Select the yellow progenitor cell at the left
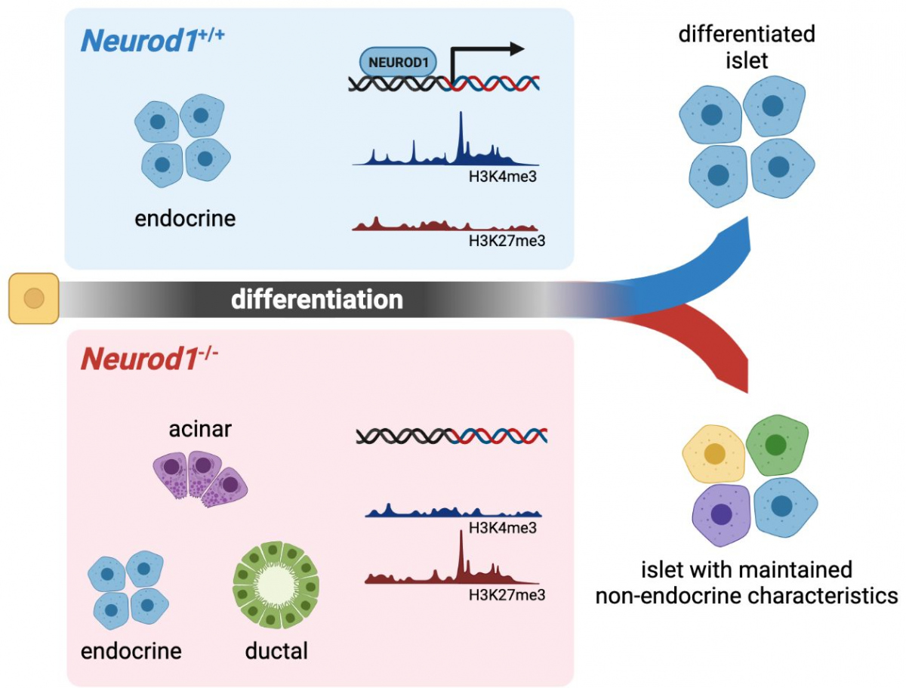tap(33, 298)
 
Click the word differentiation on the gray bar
tap(317, 300)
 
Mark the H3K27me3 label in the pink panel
tap(507, 594)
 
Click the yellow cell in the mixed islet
tap(713, 455)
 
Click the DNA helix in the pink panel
tap(451, 436)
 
